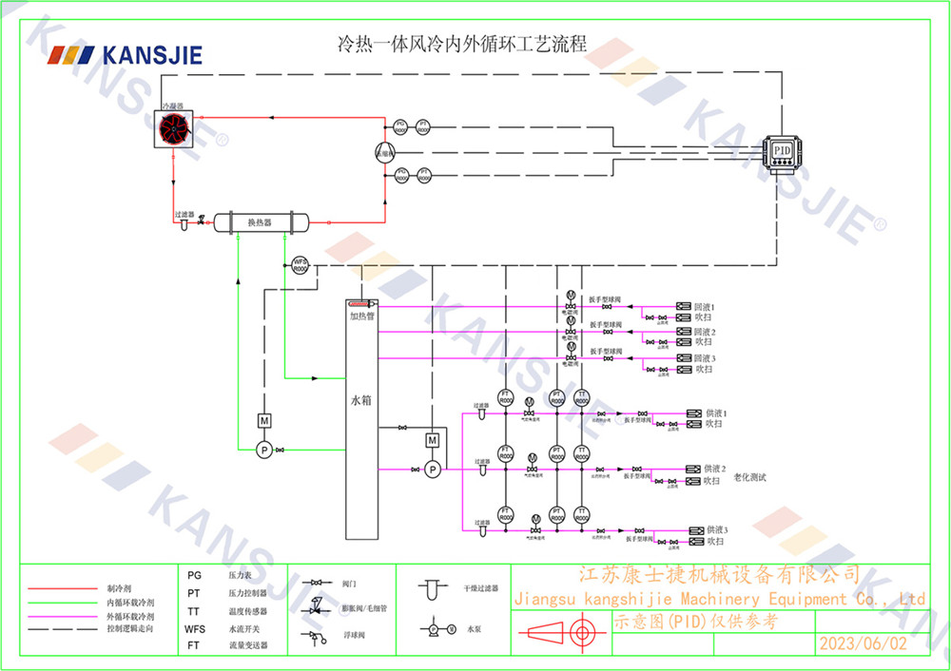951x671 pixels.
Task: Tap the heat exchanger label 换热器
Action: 260,222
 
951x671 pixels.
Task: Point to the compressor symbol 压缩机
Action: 383,151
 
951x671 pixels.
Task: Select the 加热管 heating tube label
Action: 361,316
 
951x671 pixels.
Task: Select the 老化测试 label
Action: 750,477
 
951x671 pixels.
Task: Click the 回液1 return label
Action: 705,307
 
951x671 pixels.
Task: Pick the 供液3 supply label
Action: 714,529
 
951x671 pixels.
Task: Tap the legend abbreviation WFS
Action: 195,629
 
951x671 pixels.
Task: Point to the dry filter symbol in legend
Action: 431,588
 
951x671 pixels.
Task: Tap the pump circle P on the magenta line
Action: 432,470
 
